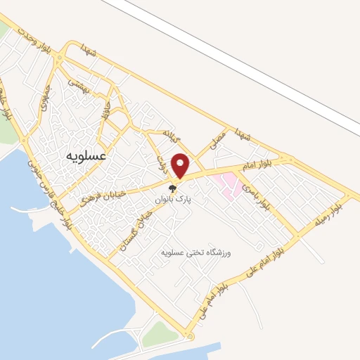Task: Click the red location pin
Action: tap(181, 165)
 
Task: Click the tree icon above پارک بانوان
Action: tap(174, 188)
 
